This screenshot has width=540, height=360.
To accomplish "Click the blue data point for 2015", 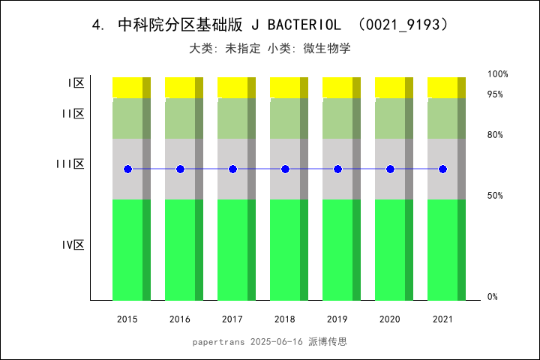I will (127, 169).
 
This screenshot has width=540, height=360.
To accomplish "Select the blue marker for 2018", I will (285, 169).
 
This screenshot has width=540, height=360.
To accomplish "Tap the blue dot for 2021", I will (442, 169).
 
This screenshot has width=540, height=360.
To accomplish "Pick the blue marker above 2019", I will (337, 169).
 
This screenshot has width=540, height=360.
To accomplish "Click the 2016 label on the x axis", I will (180, 319).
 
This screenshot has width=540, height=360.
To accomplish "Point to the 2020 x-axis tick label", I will (390, 319).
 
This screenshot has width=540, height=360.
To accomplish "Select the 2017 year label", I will (232, 319).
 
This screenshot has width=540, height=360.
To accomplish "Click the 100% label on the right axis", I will (498, 74).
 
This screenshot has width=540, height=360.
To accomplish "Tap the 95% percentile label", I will (495, 94).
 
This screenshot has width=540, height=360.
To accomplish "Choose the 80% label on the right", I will (495, 135).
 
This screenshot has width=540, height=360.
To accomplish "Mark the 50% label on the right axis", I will (495, 196).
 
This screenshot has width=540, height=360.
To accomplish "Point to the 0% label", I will (493, 297).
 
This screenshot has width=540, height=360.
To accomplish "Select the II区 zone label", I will (73, 113).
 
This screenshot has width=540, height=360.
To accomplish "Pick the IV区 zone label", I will (73, 244).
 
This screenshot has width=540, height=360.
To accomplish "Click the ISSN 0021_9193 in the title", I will (404, 25).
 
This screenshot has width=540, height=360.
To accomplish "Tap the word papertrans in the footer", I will (217, 341).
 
